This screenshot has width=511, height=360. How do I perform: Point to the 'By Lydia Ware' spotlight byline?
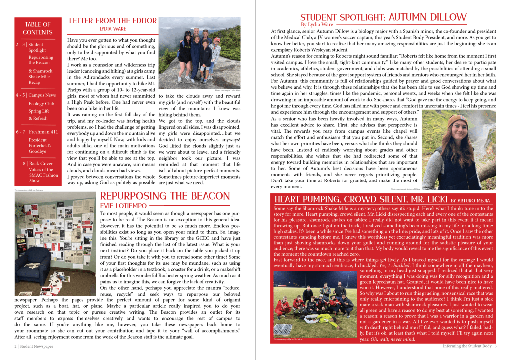[x=318, y=24]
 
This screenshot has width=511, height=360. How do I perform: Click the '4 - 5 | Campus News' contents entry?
[x=36, y=95]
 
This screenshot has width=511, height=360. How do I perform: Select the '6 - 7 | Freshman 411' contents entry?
[x=37, y=132]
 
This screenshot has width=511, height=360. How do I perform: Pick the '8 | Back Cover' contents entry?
[x=38, y=163]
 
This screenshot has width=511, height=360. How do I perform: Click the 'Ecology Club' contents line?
[x=41, y=104]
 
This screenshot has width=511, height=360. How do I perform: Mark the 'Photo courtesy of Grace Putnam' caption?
[x=27, y=189]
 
